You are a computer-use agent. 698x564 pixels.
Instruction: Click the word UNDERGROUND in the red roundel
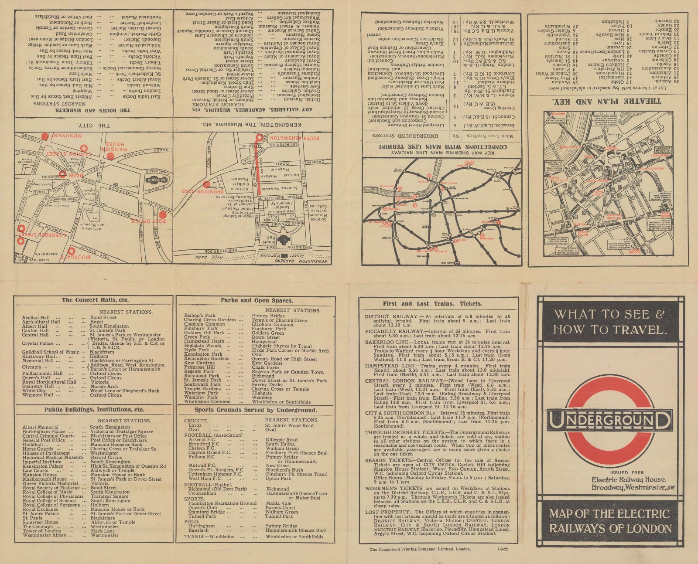(609, 420)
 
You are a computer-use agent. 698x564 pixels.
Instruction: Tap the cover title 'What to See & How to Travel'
(609, 322)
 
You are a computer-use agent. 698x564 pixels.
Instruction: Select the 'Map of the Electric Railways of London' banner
(609, 521)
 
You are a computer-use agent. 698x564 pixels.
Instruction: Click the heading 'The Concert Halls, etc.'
(95, 300)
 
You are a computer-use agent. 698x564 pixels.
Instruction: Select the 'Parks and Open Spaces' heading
(257, 300)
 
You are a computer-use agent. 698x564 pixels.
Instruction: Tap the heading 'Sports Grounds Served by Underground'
(256, 410)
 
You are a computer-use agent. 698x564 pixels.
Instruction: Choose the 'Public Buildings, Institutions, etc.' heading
(94, 410)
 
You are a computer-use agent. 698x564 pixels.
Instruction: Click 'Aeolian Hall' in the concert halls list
(36, 318)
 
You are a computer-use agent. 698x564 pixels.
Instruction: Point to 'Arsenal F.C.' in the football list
(201, 440)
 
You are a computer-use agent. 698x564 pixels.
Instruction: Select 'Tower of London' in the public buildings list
(42, 531)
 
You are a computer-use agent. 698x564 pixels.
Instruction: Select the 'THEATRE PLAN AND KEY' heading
(606, 101)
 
